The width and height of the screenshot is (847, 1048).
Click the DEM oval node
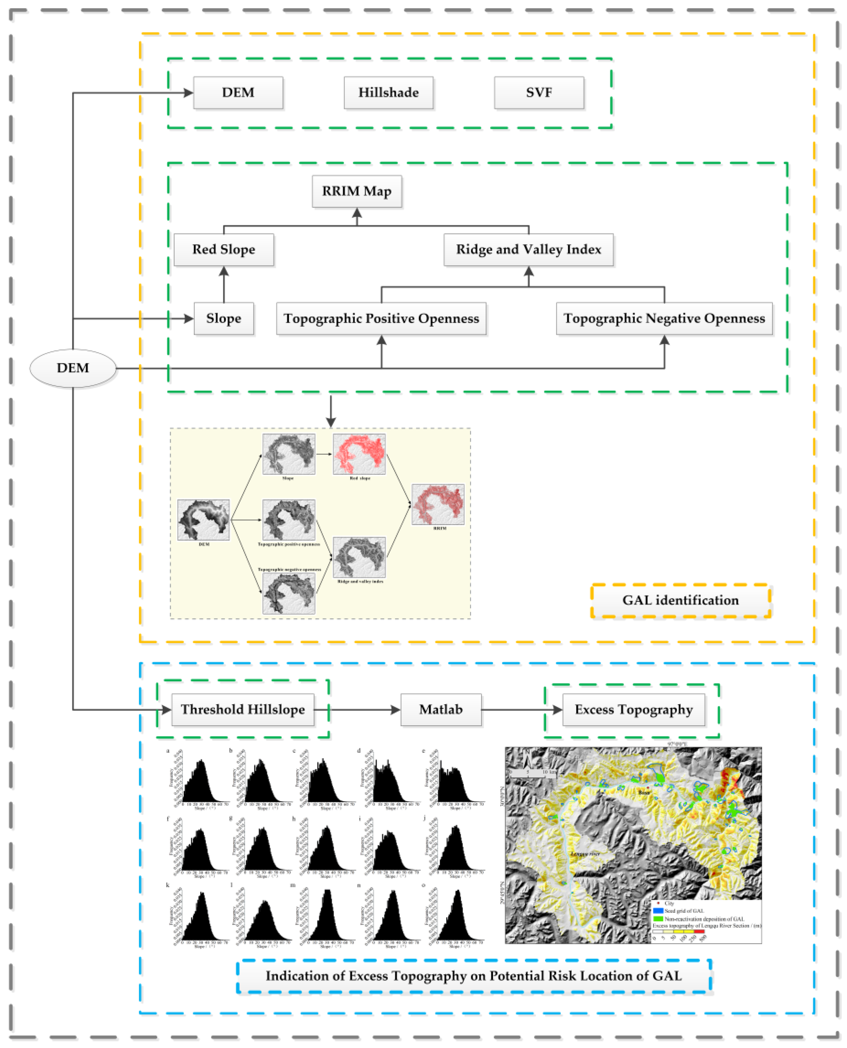pos(73,368)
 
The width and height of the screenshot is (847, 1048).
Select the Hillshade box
pos(388,93)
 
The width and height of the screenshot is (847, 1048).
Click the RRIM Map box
pos(357,191)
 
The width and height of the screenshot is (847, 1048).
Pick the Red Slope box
pos(223,249)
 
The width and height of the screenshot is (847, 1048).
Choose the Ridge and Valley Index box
pos(528,249)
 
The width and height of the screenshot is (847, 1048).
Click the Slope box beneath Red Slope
pos(223,318)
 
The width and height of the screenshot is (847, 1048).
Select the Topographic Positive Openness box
pos(381,318)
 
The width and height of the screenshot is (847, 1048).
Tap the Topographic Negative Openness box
pos(664,318)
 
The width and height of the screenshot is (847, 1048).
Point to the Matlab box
pos(441,709)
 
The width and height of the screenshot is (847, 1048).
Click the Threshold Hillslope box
pos(243,709)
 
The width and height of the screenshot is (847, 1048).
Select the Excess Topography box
pos(633,709)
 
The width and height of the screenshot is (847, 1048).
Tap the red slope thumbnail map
pos(359,454)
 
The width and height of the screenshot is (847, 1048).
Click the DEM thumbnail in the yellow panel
pos(203,520)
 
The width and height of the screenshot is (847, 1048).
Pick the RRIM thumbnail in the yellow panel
pos(438,504)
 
